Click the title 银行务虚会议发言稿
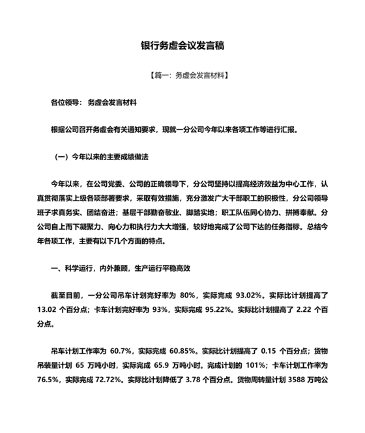point(182,46)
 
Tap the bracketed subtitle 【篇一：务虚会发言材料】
point(182,76)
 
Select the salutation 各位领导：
point(66,102)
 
